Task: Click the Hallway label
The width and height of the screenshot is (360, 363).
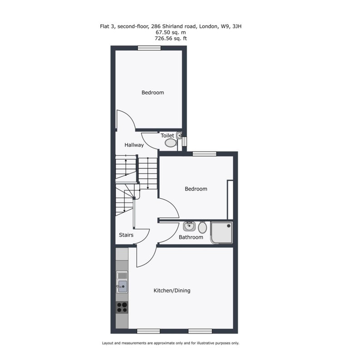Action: pyautogui.click(x=134, y=145)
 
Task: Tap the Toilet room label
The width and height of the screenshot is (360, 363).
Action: pyautogui.click(x=167, y=135)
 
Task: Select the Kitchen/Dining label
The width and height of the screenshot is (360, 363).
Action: pyautogui.click(x=172, y=290)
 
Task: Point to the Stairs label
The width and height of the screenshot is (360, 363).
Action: pyautogui.click(x=126, y=235)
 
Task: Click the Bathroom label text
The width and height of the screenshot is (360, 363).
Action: pyautogui.click(x=191, y=237)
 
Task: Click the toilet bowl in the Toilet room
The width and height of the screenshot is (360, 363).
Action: pyautogui.click(x=171, y=142)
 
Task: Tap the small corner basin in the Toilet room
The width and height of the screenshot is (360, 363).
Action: pyautogui.click(x=179, y=135)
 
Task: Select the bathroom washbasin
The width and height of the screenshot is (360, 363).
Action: pyautogui.click(x=189, y=226)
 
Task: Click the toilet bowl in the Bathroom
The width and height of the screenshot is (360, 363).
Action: pyautogui.click(x=202, y=227)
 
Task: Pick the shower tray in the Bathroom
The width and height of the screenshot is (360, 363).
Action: pyautogui.click(x=222, y=233)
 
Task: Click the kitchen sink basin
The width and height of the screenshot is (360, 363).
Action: pyautogui.click(x=123, y=286)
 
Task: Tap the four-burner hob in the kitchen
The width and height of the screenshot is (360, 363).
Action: pyautogui.click(x=122, y=308)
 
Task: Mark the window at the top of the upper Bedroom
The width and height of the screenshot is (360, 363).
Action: pyautogui.click(x=149, y=48)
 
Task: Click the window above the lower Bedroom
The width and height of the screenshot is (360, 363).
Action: pyautogui.click(x=204, y=154)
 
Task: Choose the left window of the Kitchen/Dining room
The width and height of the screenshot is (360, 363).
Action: pyautogui.click(x=148, y=331)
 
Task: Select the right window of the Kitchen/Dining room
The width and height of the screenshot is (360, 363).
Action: pyautogui.click(x=200, y=331)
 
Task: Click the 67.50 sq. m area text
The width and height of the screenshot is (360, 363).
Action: pyautogui.click(x=171, y=32)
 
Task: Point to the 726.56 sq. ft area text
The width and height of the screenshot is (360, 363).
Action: pyautogui.click(x=171, y=39)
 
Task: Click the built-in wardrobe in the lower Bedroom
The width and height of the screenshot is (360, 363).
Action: pyautogui.click(x=230, y=200)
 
